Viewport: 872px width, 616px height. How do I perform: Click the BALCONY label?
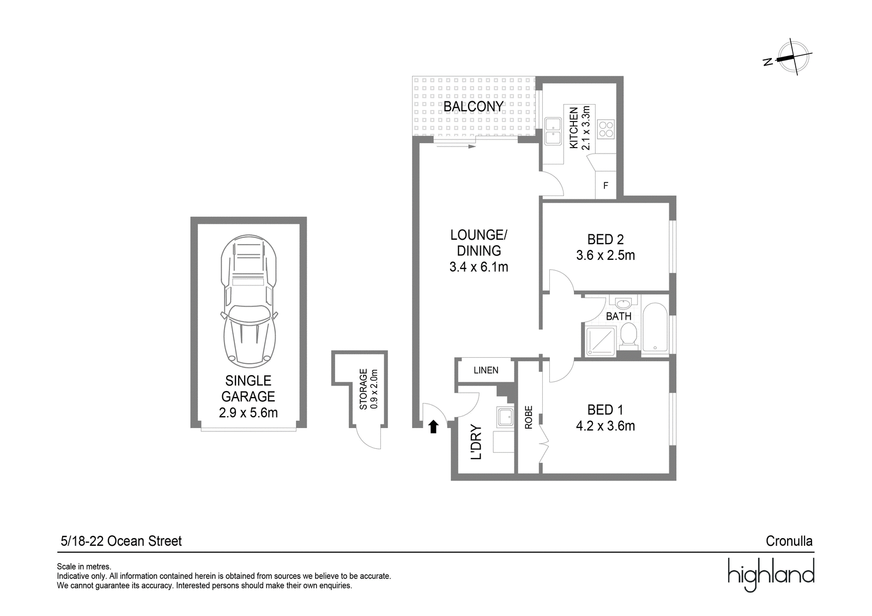pyautogui.click(x=474, y=107)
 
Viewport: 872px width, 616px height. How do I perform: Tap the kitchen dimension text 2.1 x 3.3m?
pyautogui.click(x=586, y=128)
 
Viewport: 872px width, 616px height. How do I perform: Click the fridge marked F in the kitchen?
pyautogui.click(x=605, y=186)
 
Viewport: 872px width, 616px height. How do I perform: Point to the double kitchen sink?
pyautogui.click(x=553, y=131)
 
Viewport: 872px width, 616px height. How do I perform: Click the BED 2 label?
pyautogui.click(x=605, y=239)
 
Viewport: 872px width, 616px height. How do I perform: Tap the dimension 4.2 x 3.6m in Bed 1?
pyautogui.click(x=605, y=426)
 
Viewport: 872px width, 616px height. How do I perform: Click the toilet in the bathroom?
pyautogui.click(x=628, y=336)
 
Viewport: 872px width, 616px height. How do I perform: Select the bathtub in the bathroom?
pyautogui.click(x=655, y=328)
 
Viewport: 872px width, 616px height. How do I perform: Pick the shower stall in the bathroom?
pyautogui.click(x=601, y=341)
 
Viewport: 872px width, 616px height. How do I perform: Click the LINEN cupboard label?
pyautogui.click(x=486, y=370)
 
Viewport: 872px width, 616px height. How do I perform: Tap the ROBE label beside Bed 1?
pyautogui.click(x=528, y=418)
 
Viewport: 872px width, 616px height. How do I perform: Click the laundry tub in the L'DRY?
pyautogui.click(x=505, y=417)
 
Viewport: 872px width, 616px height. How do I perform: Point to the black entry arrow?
pyautogui.click(x=433, y=426)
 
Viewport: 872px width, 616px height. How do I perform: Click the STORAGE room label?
pyautogui.click(x=363, y=389)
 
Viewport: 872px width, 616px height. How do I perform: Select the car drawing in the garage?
pyautogui.click(x=249, y=301)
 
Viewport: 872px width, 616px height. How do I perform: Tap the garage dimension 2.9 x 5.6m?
pyautogui.click(x=249, y=412)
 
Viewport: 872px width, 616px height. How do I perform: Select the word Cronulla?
pyautogui.click(x=789, y=541)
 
